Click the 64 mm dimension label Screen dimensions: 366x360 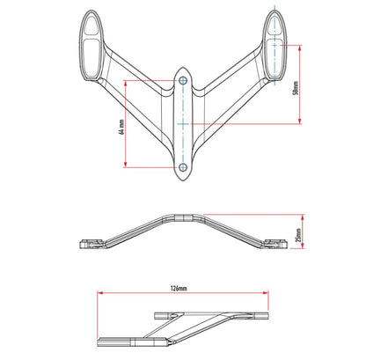coord(122,127)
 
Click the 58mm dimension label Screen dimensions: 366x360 coord(296,88)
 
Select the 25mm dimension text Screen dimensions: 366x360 coord(298,235)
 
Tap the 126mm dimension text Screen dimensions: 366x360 coord(179,289)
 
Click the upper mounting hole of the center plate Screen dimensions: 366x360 coord(183,81)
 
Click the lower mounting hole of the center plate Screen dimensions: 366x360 coord(183,167)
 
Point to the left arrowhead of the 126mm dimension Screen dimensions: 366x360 coord(100,292)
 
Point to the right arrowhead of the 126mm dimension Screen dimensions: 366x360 coord(266,292)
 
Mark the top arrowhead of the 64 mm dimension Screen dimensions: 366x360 coord(126,84)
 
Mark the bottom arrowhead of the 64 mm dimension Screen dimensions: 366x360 coord(126,165)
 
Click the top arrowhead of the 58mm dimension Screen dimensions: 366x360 coord(299,48)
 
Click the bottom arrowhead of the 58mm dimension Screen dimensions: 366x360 coord(299,121)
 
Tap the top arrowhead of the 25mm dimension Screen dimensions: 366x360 coord(303,217)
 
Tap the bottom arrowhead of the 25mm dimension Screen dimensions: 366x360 coord(303,245)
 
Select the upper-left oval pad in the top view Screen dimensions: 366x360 coord(91,46)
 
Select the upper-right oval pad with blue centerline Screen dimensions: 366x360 coord(274,46)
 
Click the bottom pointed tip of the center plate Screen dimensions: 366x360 coord(183,180)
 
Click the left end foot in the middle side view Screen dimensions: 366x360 coord(91,244)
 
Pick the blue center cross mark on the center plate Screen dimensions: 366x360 coord(183,124)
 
